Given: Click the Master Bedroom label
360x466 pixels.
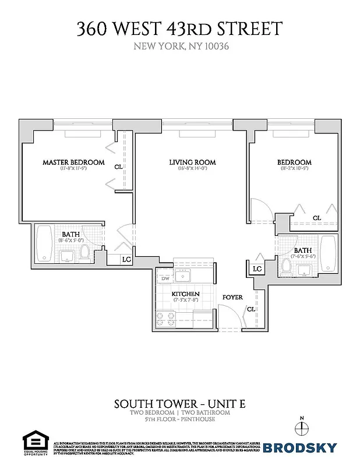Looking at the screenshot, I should [x=73, y=162].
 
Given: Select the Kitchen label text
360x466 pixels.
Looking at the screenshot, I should [x=186, y=294].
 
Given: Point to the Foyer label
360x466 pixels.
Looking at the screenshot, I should [x=232, y=298].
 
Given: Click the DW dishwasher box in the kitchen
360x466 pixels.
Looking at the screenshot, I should [x=165, y=279].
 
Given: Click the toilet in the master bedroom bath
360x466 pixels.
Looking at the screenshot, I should [x=84, y=252].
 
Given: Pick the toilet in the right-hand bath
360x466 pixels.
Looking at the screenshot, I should [x=286, y=265].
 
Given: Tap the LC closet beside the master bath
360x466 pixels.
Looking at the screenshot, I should [x=126, y=260].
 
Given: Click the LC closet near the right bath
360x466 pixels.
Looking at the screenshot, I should [x=257, y=269].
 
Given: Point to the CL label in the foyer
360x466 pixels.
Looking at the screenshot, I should [x=250, y=309].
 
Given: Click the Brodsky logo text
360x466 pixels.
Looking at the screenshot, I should [x=300, y=447].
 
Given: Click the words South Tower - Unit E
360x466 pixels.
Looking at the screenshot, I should [x=179, y=403].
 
